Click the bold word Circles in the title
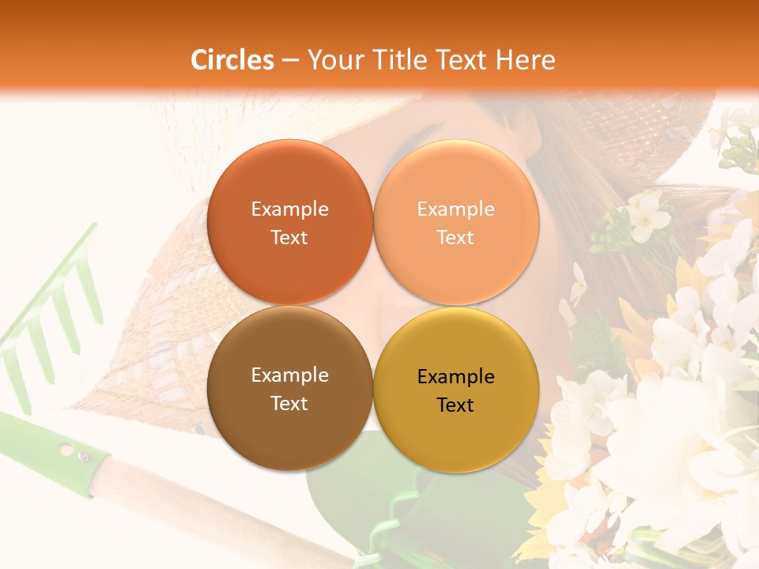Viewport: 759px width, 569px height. pyautogui.click(x=232, y=60)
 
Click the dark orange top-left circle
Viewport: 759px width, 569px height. pyautogui.click(x=289, y=174)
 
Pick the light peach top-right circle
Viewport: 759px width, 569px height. pyautogui.click(x=456, y=174)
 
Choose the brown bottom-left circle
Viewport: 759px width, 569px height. pyautogui.click(x=289, y=427)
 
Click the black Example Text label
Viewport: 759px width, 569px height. pyautogui.click(x=455, y=390)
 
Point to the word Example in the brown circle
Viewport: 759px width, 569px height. pyautogui.click(x=289, y=375)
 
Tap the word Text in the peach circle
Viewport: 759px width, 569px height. pyautogui.click(x=455, y=237)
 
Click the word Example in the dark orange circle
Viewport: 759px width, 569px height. pyautogui.click(x=289, y=209)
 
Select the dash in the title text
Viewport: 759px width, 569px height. pyautogui.click(x=289, y=61)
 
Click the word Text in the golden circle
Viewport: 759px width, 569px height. pyautogui.click(x=455, y=405)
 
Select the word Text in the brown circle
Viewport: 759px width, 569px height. pyautogui.click(x=289, y=403)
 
